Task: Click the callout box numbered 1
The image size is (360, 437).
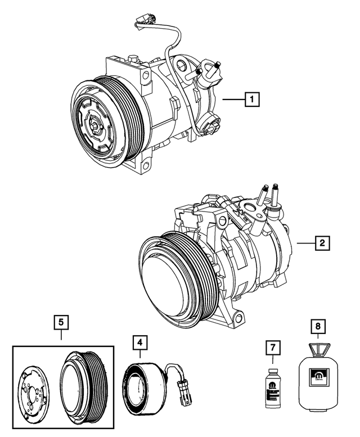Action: pyautogui.click(x=252, y=100)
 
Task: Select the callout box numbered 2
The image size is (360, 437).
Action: pyautogui.click(x=321, y=243)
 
